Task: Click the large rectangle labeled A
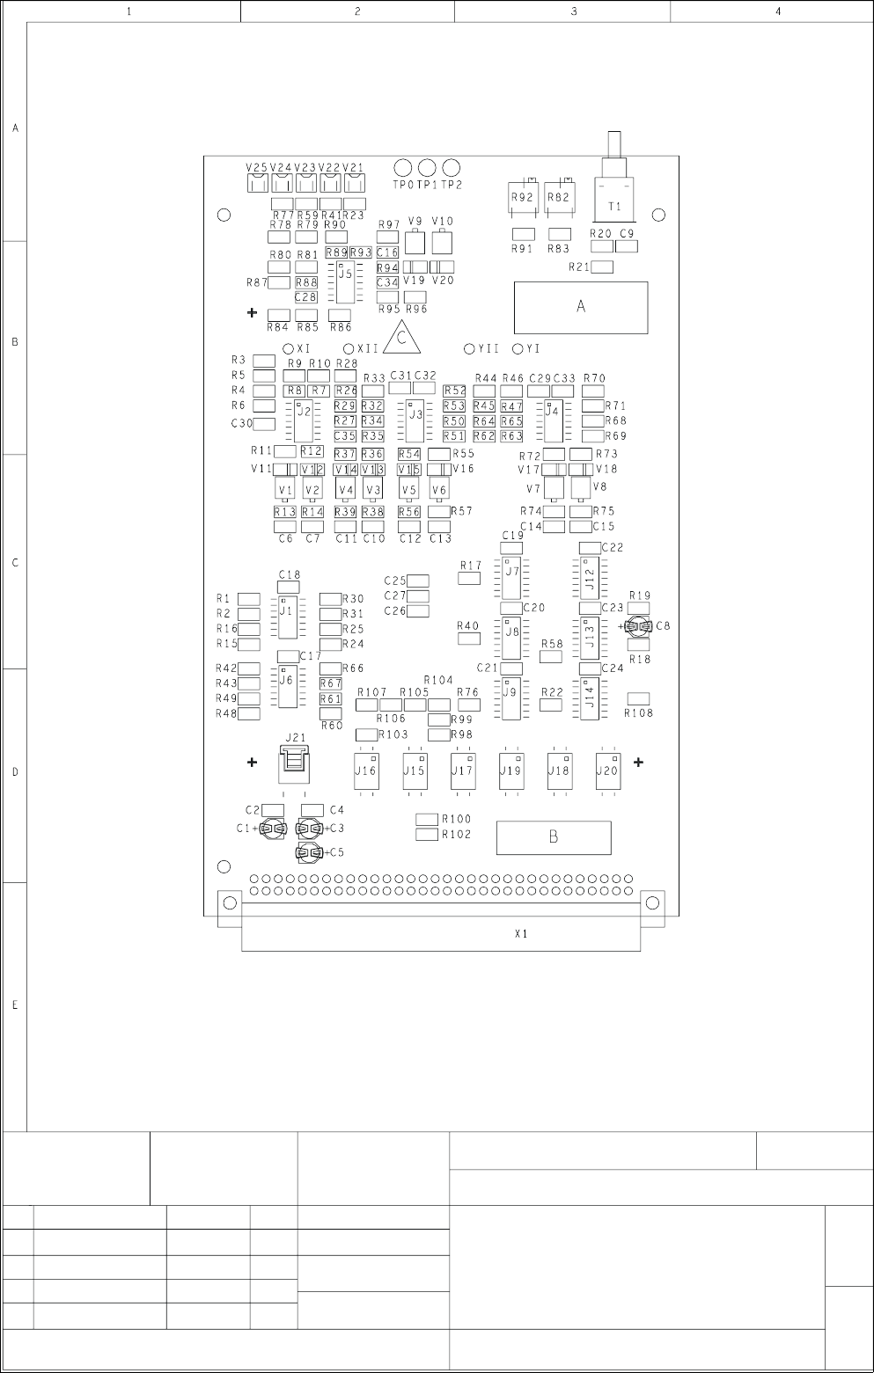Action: [581, 307]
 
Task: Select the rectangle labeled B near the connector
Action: [554, 837]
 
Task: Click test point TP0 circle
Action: [403, 167]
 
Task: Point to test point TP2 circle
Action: [452, 167]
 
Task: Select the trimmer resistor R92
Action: [523, 199]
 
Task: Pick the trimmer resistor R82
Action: [559, 199]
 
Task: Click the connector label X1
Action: [521, 934]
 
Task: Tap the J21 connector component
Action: [295, 763]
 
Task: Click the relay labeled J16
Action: [365, 770]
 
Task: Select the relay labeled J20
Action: [607, 770]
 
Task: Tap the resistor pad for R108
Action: [638, 698]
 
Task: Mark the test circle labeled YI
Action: [518, 349]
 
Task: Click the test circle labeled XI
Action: [288, 349]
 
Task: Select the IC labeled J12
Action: [590, 578]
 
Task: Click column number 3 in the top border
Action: [574, 11]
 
